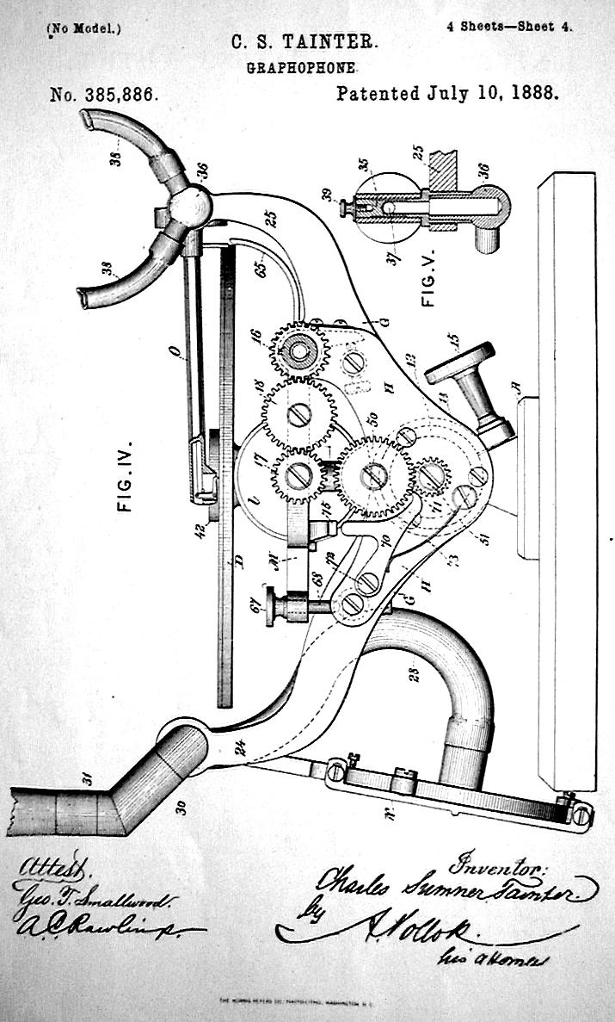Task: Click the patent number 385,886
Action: click(104, 95)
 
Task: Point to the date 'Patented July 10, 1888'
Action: click(446, 94)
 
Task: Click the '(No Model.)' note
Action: click(84, 28)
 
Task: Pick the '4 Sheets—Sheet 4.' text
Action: click(509, 26)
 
